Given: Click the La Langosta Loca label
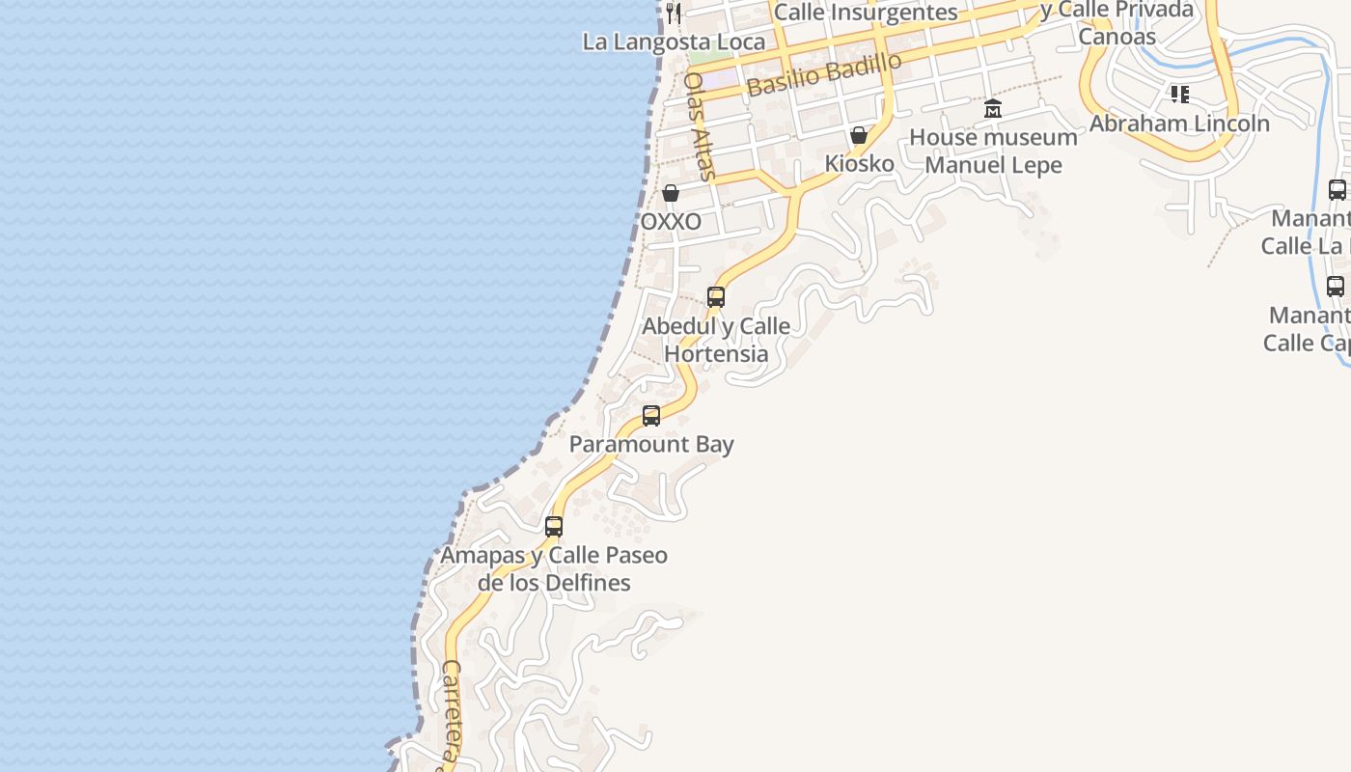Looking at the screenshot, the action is pyautogui.click(x=674, y=41).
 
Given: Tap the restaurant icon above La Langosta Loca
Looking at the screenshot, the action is pyautogui.click(x=674, y=13).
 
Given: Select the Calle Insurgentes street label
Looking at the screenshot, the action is pyautogui.click(x=866, y=13).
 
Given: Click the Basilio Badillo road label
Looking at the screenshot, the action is pyautogui.click(x=824, y=73).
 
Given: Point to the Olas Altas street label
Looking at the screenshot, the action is pyautogui.click(x=699, y=125).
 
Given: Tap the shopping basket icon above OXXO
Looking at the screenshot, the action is pyautogui.click(x=671, y=194).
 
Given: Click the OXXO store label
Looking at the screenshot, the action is pyautogui.click(x=671, y=222).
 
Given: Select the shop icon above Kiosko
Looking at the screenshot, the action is pyautogui.click(x=859, y=135).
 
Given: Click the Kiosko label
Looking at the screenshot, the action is pyautogui.click(x=859, y=163).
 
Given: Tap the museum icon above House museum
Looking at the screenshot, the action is pyautogui.click(x=993, y=108).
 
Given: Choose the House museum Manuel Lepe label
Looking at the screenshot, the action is pyautogui.click(x=993, y=151).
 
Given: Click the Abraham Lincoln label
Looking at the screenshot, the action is pyautogui.click(x=1179, y=124).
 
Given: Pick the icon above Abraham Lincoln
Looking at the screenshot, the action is pyautogui.click(x=1179, y=95).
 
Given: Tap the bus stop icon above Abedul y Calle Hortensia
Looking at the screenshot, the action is pyautogui.click(x=716, y=297).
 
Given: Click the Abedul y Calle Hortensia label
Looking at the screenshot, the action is pyautogui.click(x=716, y=340).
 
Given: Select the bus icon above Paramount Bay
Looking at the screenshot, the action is pyautogui.click(x=651, y=416).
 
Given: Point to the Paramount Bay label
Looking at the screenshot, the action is pyautogui.click(x=651, y=444).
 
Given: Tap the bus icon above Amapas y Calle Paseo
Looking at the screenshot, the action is pyautogui.click(x=554, y=527).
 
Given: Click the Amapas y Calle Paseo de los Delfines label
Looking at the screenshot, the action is pyautogui.click(x=554, y=569).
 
